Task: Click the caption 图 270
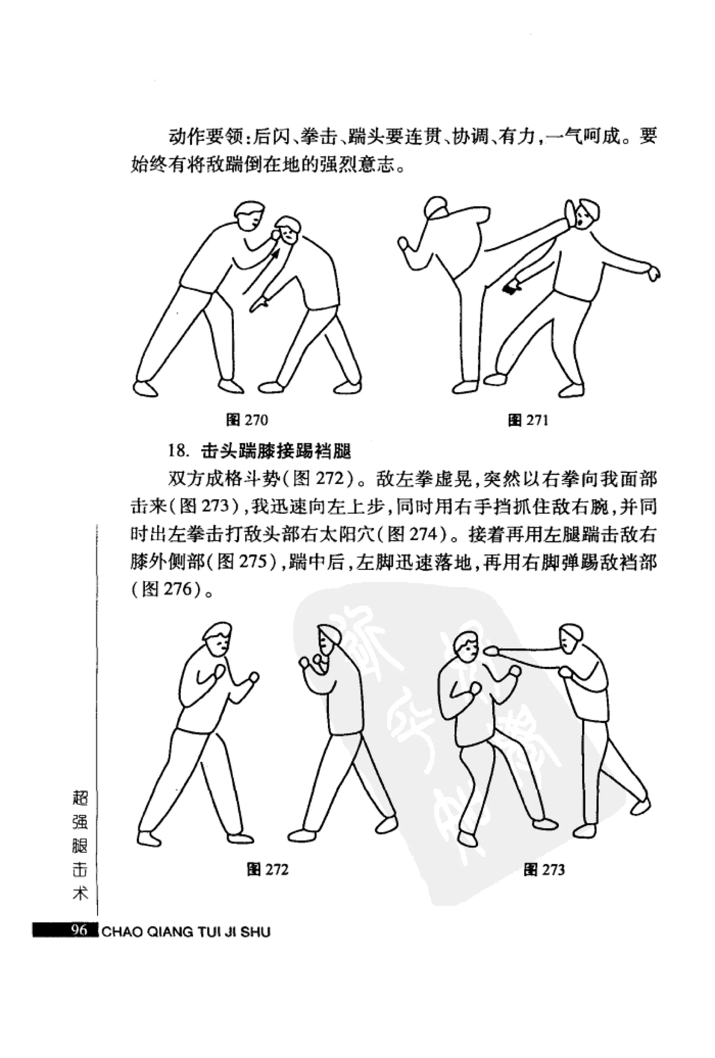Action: [x=247, y=420]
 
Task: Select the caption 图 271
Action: [x=528, y=420]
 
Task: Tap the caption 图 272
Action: [x=267, y=870]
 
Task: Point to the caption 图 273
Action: [x=544, y=870]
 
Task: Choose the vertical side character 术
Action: [x=80, y=894]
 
